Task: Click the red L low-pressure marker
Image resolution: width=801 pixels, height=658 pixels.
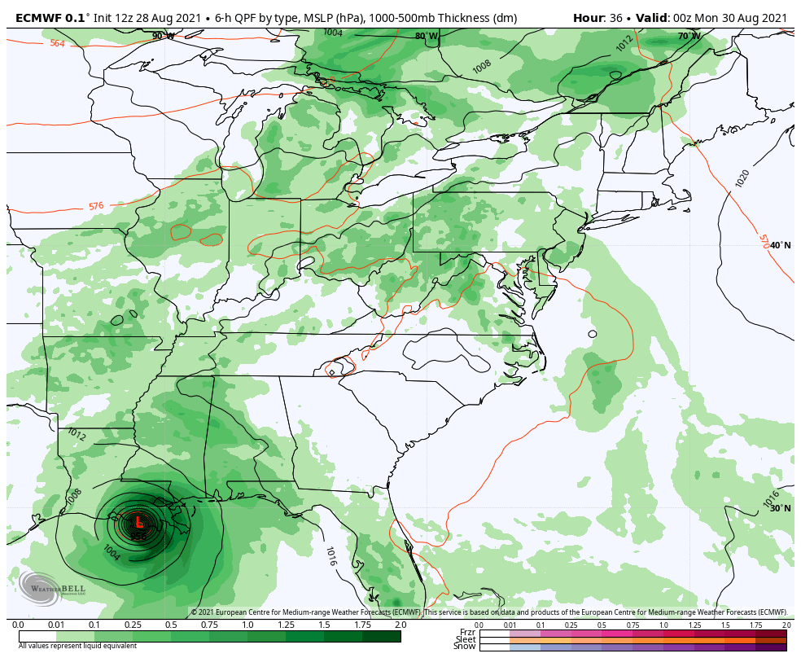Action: pos(138,521)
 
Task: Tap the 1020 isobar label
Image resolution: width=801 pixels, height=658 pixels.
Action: pos(742,178)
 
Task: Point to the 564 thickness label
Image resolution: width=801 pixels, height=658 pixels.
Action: pos(57,43)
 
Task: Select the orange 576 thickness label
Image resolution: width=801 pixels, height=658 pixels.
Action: pos(96,206)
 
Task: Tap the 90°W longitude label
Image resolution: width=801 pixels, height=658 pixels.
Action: pos(163,36)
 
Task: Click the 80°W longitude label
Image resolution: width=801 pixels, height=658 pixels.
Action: pos(427,36)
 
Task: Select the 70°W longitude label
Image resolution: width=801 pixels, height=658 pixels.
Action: pos(689,36)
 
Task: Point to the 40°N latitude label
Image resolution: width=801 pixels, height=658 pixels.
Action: pos(780,245)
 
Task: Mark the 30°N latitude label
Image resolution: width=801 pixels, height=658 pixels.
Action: pos(780,508)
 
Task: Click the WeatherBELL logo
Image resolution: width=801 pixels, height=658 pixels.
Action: pos(41,587)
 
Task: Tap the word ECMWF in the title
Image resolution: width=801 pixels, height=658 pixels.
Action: pos(37,16)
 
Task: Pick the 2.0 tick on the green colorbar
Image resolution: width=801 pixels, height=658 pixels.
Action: pos(400,625)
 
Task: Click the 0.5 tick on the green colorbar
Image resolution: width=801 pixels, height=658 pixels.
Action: pos(171,625)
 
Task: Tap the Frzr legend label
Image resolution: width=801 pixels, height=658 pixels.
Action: pos(467,632)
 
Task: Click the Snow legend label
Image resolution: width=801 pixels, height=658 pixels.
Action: pos(465,647)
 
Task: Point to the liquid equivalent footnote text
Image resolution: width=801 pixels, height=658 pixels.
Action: pos(77,646)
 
